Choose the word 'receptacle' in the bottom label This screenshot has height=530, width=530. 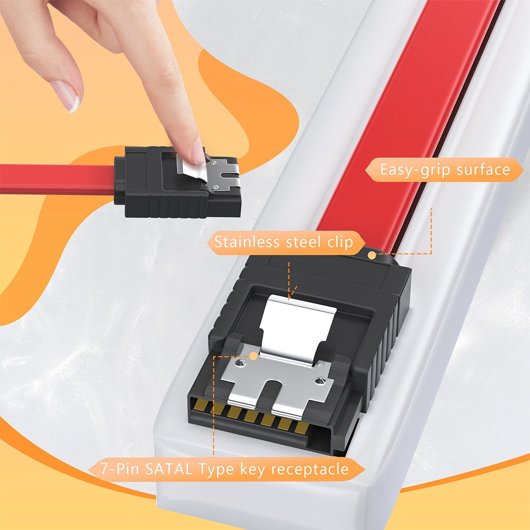coord(310,470)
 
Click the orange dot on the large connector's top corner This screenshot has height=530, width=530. coord(372,255)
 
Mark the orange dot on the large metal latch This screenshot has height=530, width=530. coord(253,355)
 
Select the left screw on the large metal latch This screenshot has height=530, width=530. coord(240,363)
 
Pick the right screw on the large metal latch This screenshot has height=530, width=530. coord(319,381)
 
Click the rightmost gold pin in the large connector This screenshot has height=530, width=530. coord(301,428)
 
